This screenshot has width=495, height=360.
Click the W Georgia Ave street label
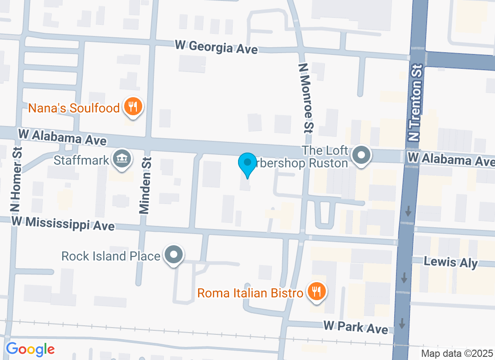point(216,47)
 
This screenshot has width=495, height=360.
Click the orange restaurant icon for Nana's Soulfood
point(133,107)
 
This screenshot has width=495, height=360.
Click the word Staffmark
point(81,160)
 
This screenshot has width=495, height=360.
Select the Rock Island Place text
point(111,256)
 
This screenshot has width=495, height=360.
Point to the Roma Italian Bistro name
point(250,293)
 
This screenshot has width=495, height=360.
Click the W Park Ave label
point(355,328)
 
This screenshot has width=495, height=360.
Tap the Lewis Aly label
point(451,262)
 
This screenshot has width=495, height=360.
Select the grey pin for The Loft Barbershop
point(361,156)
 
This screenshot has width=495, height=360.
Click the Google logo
point(30,349)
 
